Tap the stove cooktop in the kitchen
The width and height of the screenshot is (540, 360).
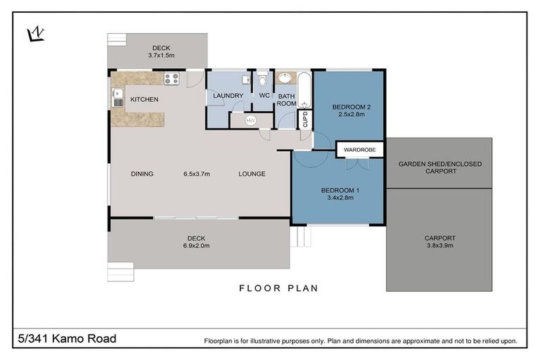click(x=171, y=79)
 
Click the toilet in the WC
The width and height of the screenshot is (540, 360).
click(x=262, y=79)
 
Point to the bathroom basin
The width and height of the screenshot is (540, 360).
click(x=286, y=79)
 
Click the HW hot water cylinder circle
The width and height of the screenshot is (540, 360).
click(x=250, y=120)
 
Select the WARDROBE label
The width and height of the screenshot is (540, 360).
click(x=360, y=150)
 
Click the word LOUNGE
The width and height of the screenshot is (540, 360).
click(x=252, y=174)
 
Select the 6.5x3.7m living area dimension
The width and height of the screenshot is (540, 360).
click(x=198, y=174)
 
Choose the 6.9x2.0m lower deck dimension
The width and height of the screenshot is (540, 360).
click(x=198, y=245)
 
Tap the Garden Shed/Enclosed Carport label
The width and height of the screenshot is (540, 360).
click(x=440, y=167)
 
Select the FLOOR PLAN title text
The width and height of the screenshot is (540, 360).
click(x=278, y=288)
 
